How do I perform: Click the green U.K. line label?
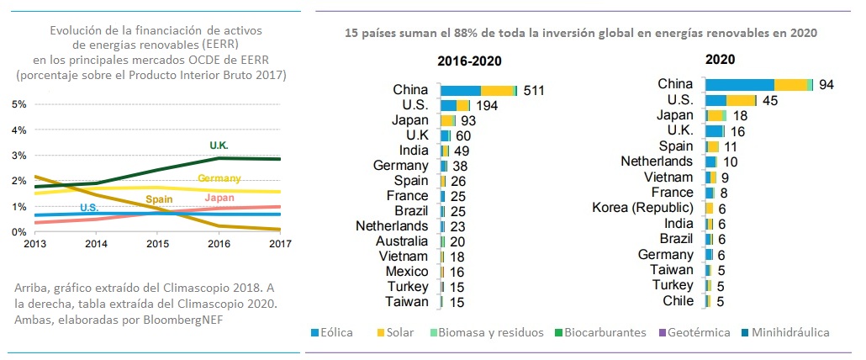[219, 146]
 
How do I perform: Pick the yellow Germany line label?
[219, 178]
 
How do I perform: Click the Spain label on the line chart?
[159, 199]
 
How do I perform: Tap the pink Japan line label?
[219, 199]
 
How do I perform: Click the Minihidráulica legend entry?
[788, 332]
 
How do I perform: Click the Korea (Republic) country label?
[642, 207]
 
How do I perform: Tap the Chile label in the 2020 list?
[678, 300]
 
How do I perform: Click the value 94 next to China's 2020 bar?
[826, 85]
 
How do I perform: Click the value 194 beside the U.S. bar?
[487, 105]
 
